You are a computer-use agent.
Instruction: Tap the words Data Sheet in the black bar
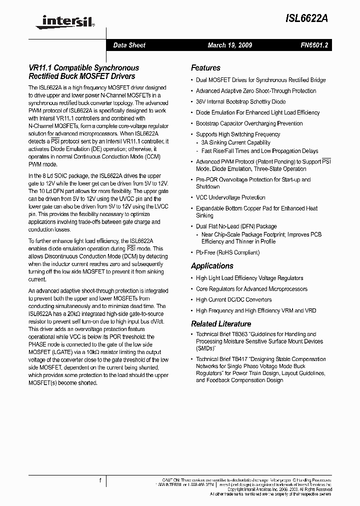(129, 45)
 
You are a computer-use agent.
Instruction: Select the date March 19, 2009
(229, 45)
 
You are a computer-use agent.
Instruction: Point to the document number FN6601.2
(314, 45)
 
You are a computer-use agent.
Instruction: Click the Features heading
(205, 68)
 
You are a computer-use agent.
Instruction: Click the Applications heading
(212, 266)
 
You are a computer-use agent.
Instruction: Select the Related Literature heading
(221, 323)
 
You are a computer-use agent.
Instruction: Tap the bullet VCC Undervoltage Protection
(230, 197)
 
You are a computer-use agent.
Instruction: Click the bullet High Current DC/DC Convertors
(233, 299)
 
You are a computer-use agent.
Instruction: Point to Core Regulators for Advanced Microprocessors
(251, 289)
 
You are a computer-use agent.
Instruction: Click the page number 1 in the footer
(100, 480)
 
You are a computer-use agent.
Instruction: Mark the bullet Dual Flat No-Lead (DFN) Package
(236, 226)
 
